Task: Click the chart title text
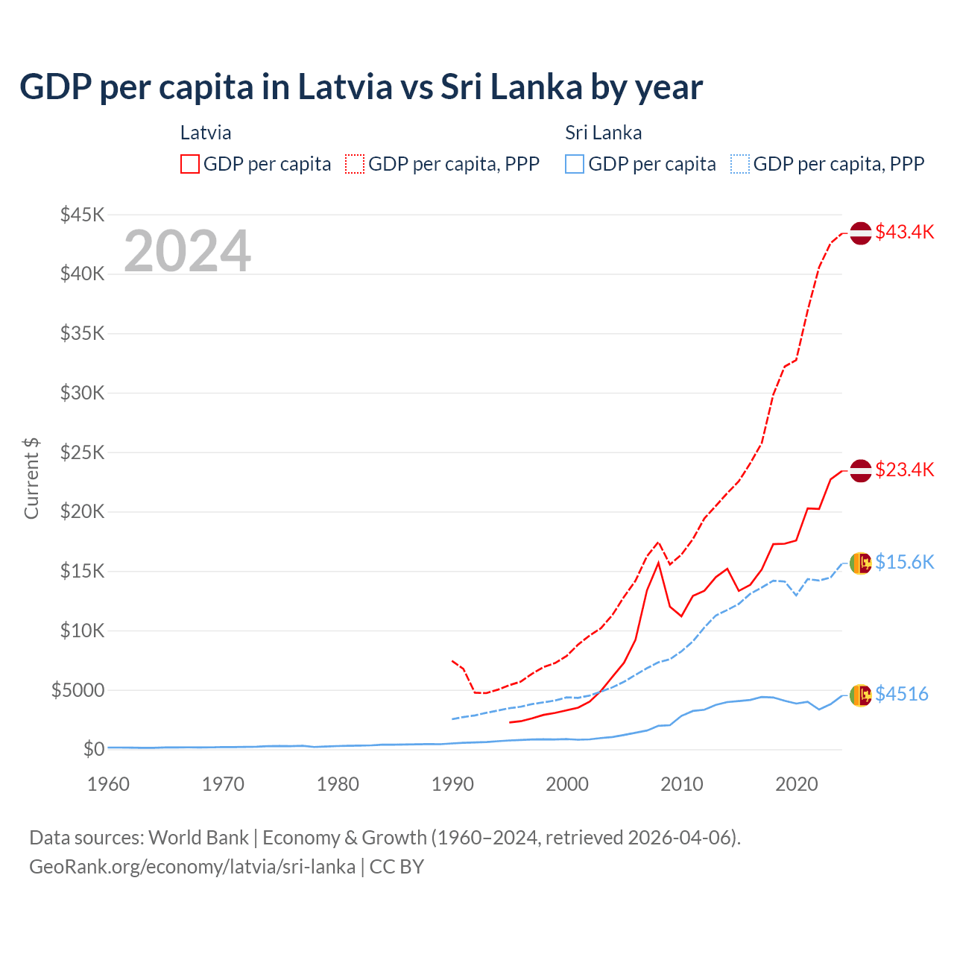[361, 86]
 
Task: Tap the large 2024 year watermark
[187, 251]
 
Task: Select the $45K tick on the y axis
[82, 215]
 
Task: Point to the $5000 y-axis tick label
[78, 690]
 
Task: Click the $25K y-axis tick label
[82, 452]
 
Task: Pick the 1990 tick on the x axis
[452, 784]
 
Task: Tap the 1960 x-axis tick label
[109, 784]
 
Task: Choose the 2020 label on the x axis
[796, 784]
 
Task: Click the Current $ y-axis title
[31, 478]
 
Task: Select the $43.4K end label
[904, 232]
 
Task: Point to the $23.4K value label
[904, 470]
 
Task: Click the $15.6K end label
[904, 562]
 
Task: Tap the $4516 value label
[901, 694]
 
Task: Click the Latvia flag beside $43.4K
[861, 233]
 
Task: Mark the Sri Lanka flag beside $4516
[861, 695]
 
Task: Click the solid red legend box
[190, 164]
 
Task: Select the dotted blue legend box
[740, 164]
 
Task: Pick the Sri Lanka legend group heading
[603, 133]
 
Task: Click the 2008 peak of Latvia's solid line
[658, 563]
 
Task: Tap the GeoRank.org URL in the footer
[192, 867]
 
